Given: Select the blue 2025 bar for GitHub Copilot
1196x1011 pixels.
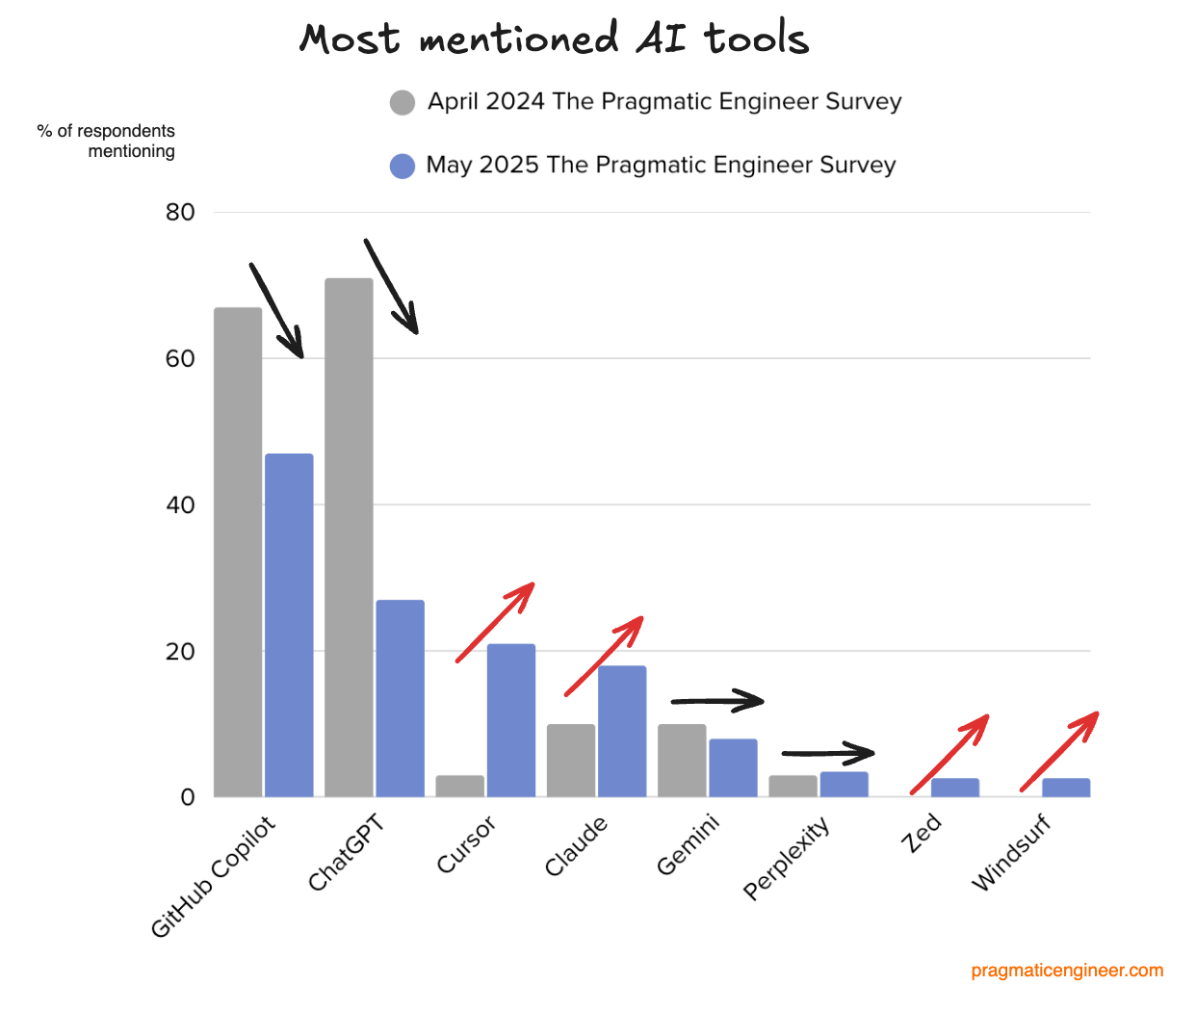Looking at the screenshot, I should [x=289, y=625].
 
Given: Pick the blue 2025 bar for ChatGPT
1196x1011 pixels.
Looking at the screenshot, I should [x=400, y=698].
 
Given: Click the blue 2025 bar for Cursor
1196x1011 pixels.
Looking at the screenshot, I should [x=510, y=720].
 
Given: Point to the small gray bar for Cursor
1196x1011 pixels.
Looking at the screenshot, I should [x=459, y=787].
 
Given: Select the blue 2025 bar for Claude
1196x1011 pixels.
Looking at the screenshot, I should [x=622, y=731].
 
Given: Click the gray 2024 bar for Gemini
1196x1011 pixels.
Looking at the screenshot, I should [x=682, y=761].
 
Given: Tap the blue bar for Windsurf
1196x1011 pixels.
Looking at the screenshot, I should [x=1066, y=788].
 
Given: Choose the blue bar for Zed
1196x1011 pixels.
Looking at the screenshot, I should [x=954, y=788].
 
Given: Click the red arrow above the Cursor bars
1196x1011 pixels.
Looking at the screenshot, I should [x=495, y=622].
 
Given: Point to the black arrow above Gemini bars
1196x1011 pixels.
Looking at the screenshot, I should [x=717, y=701].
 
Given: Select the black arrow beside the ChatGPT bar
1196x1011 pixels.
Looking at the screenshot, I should [x=391, y=286].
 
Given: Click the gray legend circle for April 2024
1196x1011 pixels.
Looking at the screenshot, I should [x=403, y=102].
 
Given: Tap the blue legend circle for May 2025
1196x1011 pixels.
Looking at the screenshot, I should [x=403, y=166].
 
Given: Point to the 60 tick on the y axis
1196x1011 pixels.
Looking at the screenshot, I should [x=180, y=359].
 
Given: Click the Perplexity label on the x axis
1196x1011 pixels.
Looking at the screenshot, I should [x=787, y=858].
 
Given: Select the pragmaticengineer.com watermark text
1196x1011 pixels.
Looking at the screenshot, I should [x=1067, y=971].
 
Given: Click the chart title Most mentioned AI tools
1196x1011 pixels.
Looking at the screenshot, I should [x=554, y=39].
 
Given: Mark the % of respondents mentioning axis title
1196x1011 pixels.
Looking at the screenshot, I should [x=106, y=141].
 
